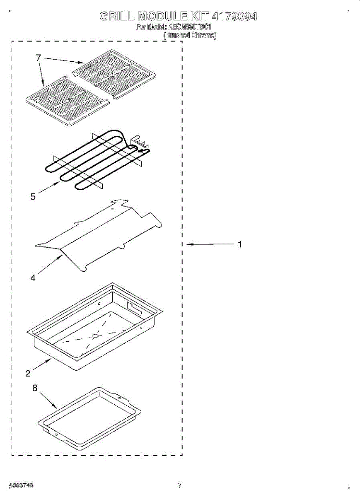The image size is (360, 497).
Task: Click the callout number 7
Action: click(39, 58)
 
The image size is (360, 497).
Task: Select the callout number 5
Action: click(33, 197)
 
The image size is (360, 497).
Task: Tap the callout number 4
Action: click(33, 278)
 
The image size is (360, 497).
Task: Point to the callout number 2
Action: click(28, 374)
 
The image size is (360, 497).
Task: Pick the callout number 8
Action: click(35, 388)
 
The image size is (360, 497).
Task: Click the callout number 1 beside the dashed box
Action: click(239, 244)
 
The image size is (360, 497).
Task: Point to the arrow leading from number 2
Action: click(42, 365)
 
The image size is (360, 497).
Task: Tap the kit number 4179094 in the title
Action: click(234, 17)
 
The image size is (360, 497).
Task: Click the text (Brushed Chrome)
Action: click(190, 36)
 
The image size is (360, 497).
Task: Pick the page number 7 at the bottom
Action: click(179, 485)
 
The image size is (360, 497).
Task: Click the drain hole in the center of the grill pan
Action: click(96, 336)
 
